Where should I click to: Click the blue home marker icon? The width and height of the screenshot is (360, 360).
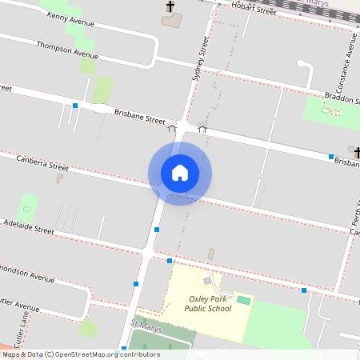(180, 173)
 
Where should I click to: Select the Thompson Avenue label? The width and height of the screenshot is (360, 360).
(67, 50)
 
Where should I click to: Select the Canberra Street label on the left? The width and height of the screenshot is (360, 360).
(42, 163)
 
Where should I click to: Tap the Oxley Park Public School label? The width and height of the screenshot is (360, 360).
(207, 303)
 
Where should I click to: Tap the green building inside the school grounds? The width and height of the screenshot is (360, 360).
(243, 299)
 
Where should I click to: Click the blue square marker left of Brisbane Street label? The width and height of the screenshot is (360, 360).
(75, 106)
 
